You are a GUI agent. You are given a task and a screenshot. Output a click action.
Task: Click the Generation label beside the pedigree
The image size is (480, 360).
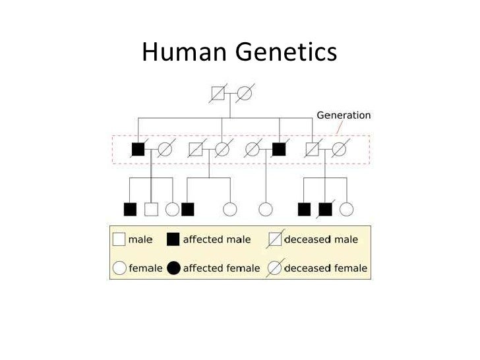344,115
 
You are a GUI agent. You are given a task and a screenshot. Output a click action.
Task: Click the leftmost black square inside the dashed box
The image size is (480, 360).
138,149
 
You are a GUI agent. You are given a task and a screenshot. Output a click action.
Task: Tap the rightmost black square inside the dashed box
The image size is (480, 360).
279,149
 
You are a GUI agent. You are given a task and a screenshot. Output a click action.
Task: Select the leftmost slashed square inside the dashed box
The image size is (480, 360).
195,149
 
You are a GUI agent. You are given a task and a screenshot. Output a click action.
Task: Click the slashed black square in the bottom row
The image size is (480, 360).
325,209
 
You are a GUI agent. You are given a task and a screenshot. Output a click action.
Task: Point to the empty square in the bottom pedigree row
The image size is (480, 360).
151,209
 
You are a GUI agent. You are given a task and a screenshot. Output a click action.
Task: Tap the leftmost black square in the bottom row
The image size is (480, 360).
130,209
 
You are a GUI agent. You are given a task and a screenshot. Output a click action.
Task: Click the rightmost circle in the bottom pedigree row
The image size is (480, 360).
346,209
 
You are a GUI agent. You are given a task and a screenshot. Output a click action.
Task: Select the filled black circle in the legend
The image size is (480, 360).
173,268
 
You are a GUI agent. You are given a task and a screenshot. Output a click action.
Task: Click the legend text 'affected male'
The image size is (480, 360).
216,240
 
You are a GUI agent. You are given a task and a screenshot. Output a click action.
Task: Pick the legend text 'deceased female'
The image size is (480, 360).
325,268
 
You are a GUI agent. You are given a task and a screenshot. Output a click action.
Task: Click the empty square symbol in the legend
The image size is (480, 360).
119,239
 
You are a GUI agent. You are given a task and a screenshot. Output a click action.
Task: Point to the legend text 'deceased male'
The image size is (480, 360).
320,240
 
